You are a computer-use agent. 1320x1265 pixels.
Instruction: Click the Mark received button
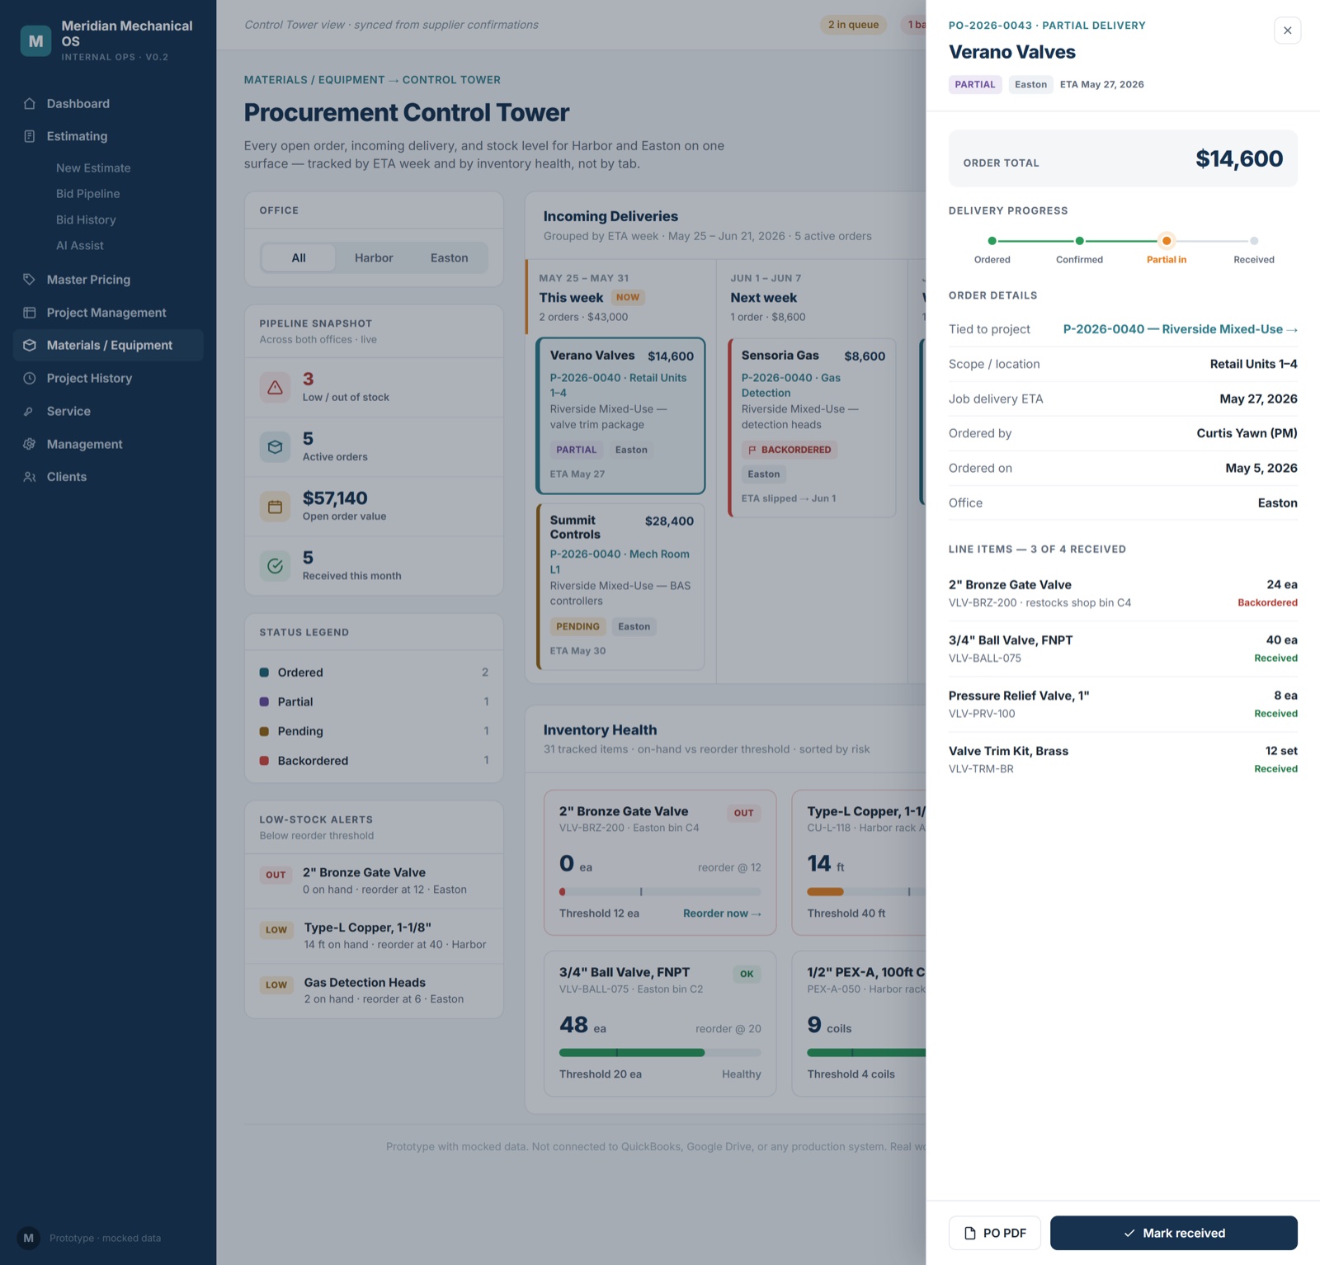pos(1173,1233)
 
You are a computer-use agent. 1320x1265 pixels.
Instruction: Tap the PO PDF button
pos(994,1233)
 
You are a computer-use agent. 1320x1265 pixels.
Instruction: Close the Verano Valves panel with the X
pos(1287,31)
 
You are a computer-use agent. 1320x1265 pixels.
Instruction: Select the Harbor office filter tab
pos(374,257)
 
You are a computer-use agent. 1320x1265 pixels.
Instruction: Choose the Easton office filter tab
pos(449,257)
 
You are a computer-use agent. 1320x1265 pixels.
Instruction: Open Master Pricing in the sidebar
pos(88,280)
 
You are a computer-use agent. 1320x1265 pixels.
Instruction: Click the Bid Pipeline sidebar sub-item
pos(87,194)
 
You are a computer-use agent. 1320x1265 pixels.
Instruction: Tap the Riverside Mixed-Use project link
pos(1180,329)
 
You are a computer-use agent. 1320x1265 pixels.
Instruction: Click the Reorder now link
pos(722,913)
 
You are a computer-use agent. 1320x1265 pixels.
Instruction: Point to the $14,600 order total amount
pos(1239,158)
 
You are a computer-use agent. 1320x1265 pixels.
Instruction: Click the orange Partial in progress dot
pos(1167,241)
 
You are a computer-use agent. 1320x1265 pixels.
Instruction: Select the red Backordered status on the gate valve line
pos(1267,602)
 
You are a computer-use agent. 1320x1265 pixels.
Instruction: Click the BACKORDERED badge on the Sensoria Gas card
pos(790,450)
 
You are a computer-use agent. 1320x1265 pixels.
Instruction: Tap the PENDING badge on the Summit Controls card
pos(577,626)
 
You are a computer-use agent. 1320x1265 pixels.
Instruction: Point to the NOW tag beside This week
pos(628,297)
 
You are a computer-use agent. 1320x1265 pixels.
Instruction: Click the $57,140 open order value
pos(335,498)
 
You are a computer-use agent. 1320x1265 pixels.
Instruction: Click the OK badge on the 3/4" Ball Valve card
pos(747,974)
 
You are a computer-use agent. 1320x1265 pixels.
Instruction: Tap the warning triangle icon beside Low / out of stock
pos(276,387)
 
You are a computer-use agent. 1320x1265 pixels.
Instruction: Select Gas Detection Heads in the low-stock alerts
pos(365,983)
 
